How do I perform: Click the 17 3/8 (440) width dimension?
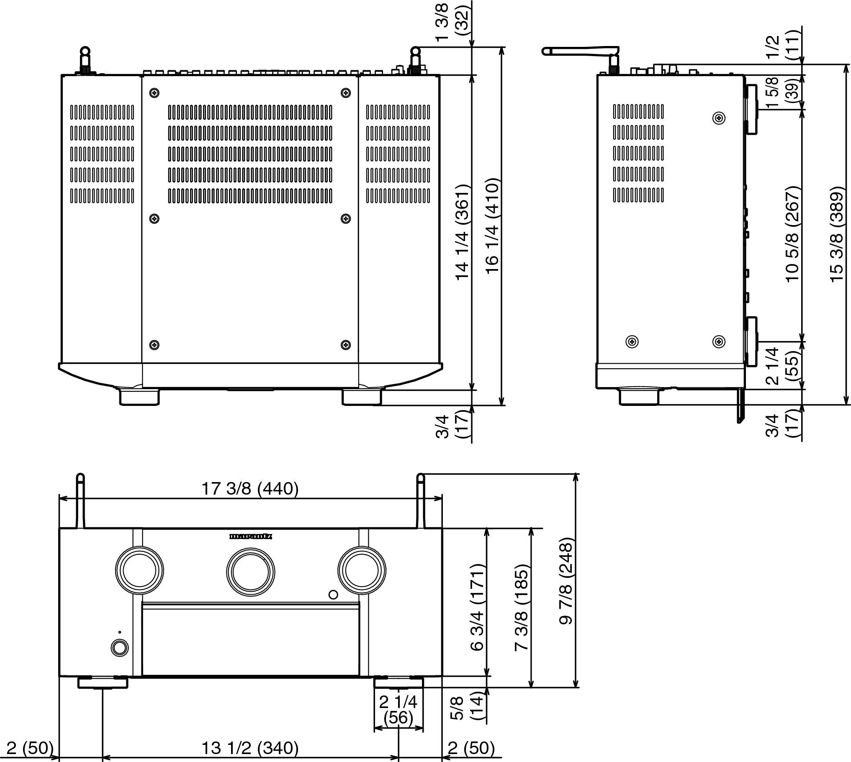[250, 489]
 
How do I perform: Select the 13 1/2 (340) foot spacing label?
[250, 747]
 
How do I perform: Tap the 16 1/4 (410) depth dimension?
[493, 226]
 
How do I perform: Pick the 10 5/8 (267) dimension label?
[792, 234]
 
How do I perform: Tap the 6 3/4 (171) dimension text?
[477, 607]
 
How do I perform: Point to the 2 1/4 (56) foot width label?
[398, 710]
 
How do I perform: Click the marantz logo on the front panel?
[250, 536]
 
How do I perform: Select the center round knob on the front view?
[250, 572]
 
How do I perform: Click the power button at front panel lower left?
[120, 648]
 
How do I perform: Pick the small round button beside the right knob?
[333, 595]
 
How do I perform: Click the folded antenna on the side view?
[580, 51]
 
